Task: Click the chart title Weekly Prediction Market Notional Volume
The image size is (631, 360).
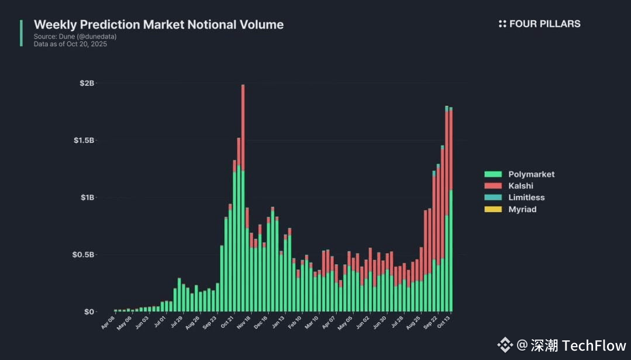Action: tap(158, 25)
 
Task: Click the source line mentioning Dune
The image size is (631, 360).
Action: tap(75, 36)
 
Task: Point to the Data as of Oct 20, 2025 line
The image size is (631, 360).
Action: tap(70, 44)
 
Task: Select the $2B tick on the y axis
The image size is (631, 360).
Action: tap(87, 84)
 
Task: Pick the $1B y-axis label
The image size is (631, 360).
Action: tap(87, 198)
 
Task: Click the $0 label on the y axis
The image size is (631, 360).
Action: tap(89, 312)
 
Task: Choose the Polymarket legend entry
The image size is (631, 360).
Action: tap(531, 174)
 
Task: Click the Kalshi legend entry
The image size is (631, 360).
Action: tap(520, 186)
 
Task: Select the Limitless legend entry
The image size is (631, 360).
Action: tap(526, 198)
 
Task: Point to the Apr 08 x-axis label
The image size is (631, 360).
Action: tap(109, 323)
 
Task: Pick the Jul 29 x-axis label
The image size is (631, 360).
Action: tap(175, 323)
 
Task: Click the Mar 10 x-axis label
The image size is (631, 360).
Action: tap(312, 323)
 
